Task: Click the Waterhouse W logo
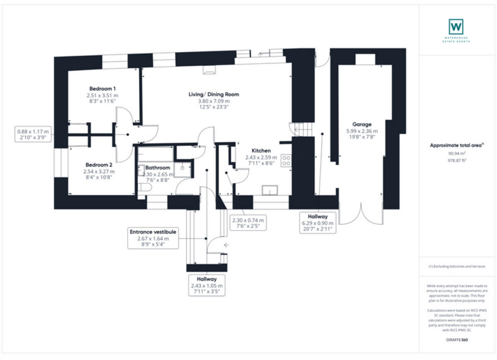click(x=456, y=27)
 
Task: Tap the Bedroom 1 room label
click(x=102, y=89)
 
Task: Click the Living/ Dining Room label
click(x=214, y=94)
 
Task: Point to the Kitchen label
click(x=262, y=151)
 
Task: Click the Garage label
click(x=362, y=124)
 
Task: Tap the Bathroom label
click(x=158, y=168)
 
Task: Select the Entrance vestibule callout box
click(x=153, y=238)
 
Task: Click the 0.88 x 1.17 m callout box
click(x=33, y=134)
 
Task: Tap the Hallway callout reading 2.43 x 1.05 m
click(x=207, y=286)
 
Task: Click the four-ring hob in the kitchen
click(x=286, y=161)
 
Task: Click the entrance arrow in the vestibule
click(x=226, y=245)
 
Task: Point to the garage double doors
click(x=361, y=213)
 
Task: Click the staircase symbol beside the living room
click(x=302, y=129)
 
